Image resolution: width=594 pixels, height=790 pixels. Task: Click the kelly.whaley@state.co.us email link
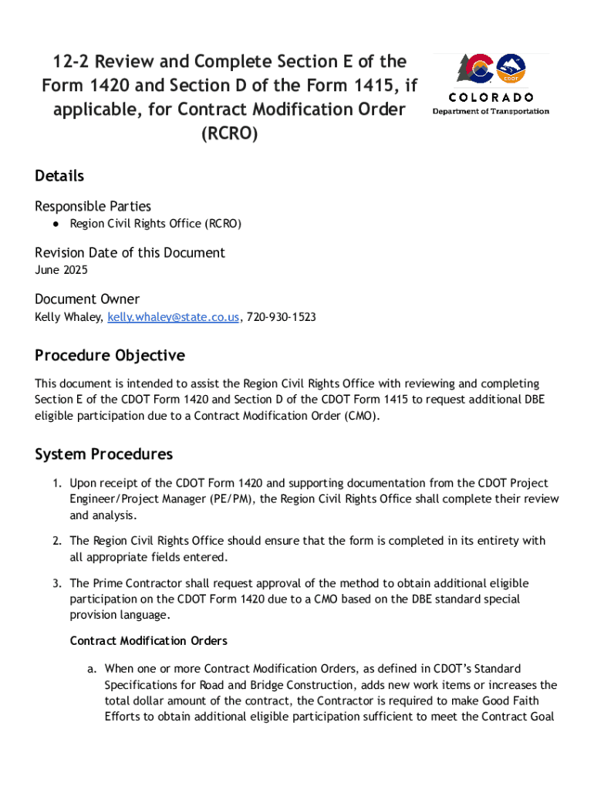tap(174, 317)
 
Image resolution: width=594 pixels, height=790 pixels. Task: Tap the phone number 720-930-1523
tap(281, 317)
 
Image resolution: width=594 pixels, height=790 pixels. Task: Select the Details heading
tap(59, 176)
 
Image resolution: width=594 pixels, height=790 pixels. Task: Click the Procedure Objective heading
tap(110, 356)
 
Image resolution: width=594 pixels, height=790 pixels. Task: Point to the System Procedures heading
tap(103, 454)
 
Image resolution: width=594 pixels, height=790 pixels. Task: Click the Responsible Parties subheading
tap(93, 206)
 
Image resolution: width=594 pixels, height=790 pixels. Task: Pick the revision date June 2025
tap(61, 270)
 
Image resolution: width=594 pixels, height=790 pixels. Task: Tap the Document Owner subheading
tap(87, 299)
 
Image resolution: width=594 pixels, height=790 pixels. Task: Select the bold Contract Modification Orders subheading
tap(148, 641)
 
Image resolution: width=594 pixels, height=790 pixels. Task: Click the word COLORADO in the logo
tap(491, 97)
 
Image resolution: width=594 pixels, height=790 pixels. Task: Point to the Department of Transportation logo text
tap(491, 111)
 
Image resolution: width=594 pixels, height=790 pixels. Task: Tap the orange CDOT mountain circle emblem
tap(511, 69)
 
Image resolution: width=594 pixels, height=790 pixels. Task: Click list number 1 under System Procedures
tap(57, 483)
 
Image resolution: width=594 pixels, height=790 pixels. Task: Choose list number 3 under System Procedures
tap(57, 583)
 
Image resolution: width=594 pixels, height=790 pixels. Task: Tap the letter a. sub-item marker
tap(93, 668)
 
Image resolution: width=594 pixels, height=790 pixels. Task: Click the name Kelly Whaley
tap(68, 317)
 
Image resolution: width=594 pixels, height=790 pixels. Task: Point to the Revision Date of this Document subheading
tap(130, 252)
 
